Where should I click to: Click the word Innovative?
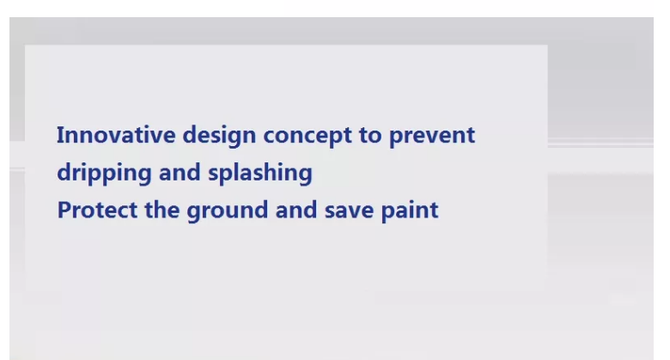[x=116, y=135]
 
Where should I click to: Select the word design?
[x=219, y=137]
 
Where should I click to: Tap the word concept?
[x=308, y=137]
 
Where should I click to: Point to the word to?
[x=370, y=136]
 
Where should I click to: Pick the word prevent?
[x=432, y=137]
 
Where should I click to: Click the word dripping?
[x=104, y=174]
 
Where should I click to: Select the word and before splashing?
[x=180, y=173]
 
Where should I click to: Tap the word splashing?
[x=260, y=174]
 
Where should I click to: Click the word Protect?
[x=97, y=211]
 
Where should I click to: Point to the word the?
[x=162, y=210]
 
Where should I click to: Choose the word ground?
[x=228, y=211]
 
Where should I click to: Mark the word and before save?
[x=296, y=210]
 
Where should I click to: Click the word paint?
[x=410, y=211]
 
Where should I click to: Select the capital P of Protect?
[x=64, y=211]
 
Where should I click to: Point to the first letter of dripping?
[x=64, y=173]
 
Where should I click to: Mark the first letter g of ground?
[x=193, y=213]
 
